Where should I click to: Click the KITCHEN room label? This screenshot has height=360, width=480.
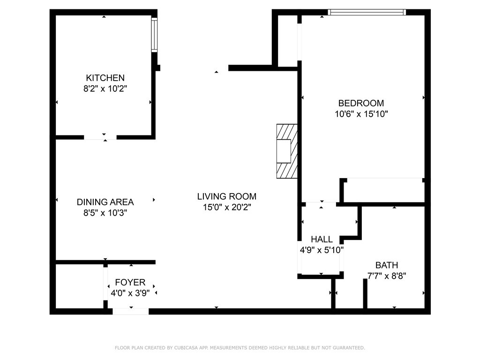[x=105, y=78]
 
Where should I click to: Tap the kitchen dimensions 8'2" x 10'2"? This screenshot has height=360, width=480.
[x=105, y=89]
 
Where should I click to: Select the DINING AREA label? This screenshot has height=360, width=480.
[x=105, y=202]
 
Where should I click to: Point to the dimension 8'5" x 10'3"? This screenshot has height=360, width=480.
[x=105, y=213]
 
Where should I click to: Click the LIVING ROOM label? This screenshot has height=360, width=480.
[x=227, y=196]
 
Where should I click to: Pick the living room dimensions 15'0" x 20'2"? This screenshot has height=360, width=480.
[x=227, y=207]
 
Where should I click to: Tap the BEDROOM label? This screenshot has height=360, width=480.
[x=361, y=103]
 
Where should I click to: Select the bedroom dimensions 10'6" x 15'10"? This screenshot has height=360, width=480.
[x=361, y=114]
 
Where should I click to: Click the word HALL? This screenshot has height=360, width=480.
[x=322, y=239]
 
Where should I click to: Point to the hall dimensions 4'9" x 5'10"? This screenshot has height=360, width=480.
[x=322, y=250]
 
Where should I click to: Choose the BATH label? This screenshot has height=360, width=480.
[x=387, y=265]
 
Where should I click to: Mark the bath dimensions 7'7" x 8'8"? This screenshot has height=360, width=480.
[x=387, y=276]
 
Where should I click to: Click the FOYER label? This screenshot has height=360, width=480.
[x=130, y=282]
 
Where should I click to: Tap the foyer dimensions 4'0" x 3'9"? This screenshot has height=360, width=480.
[x=130, y=293]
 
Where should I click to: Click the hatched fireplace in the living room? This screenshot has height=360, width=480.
[x=287, y=151]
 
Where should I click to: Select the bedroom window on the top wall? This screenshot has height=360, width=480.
[x=367, y=12]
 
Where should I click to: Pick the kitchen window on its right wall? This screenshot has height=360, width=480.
[x=154, y=35]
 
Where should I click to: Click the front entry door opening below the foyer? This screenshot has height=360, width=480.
[x=131, y=311]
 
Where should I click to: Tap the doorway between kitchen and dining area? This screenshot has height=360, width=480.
[x=100, y=137]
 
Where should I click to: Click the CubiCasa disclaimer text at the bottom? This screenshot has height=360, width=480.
[x=240, y=348]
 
